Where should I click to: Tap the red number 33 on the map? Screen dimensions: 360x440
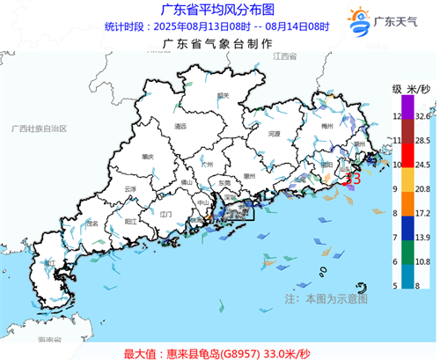353,179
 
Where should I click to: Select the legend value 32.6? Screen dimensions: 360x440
422,115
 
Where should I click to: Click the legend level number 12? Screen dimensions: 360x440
397,115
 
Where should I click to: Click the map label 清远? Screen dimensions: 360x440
180,128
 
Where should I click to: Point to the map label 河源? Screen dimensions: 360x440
274,135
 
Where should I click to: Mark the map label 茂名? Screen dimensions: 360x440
92,224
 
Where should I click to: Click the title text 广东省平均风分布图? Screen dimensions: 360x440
208,10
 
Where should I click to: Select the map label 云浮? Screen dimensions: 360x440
130,189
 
